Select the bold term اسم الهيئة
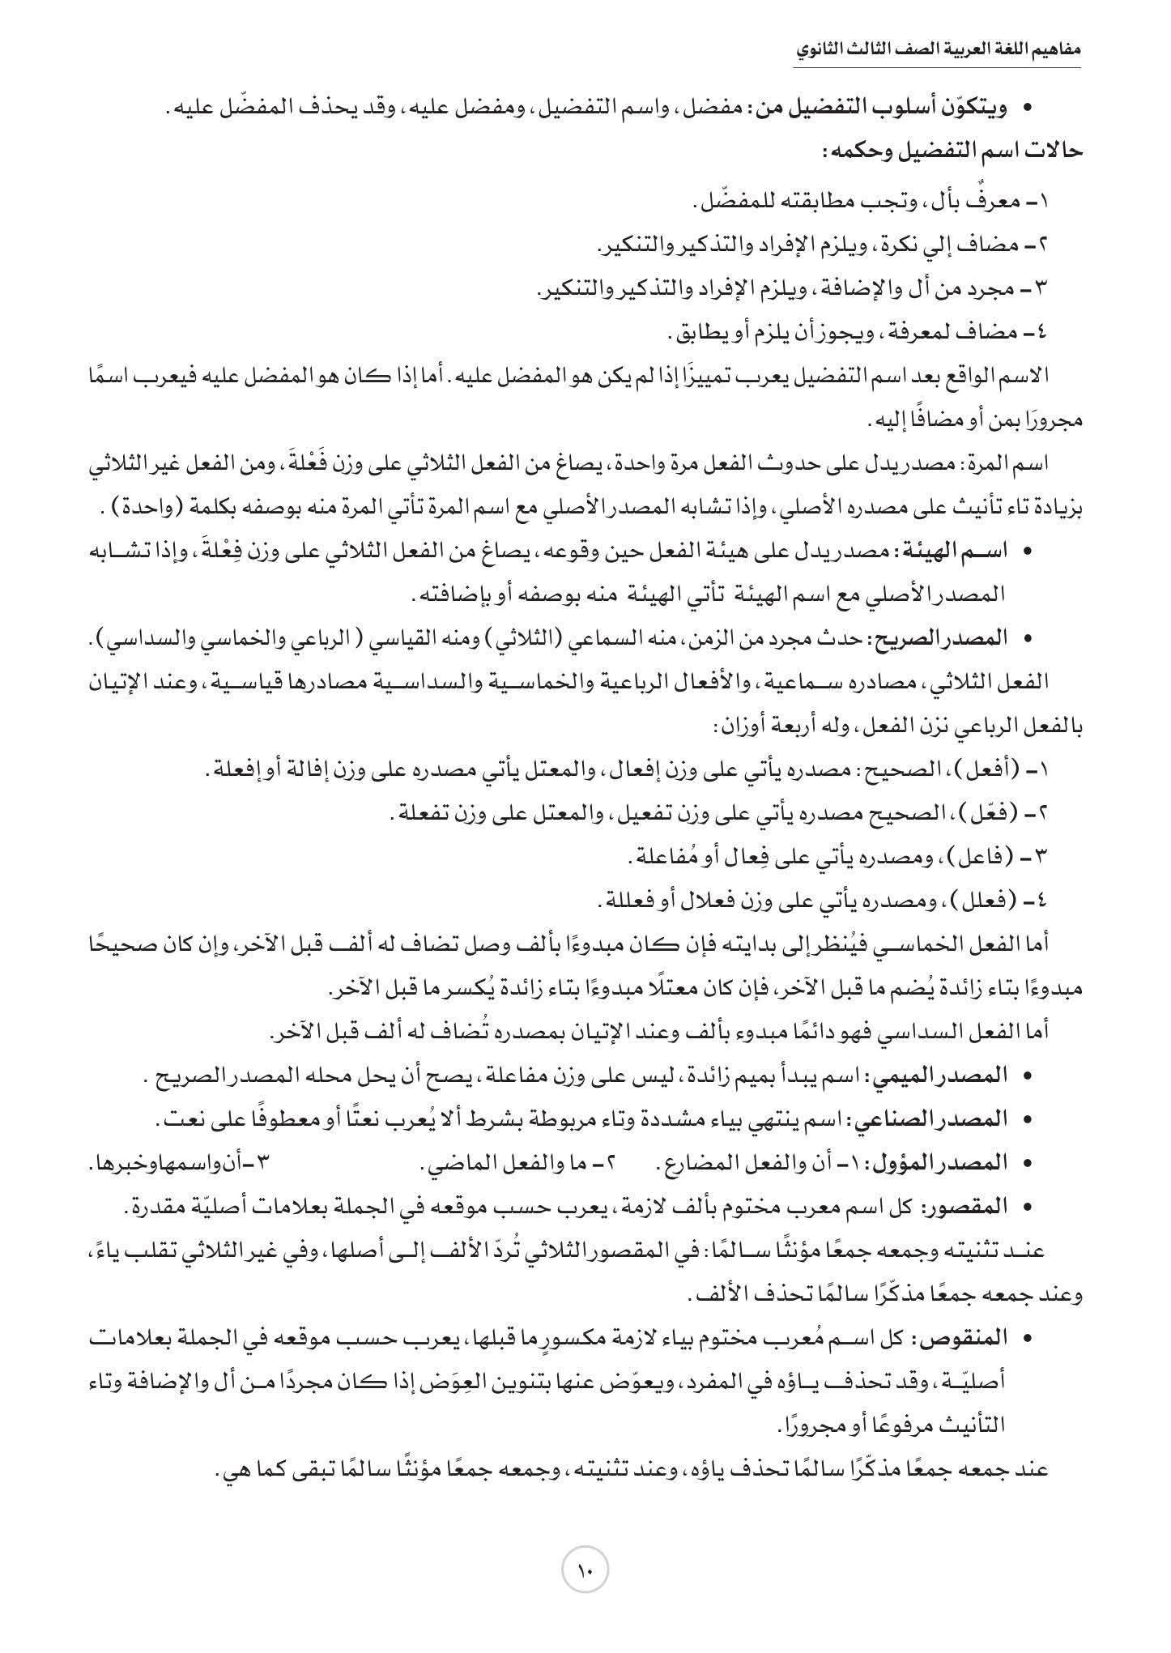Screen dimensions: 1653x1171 [x=964, y=551]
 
